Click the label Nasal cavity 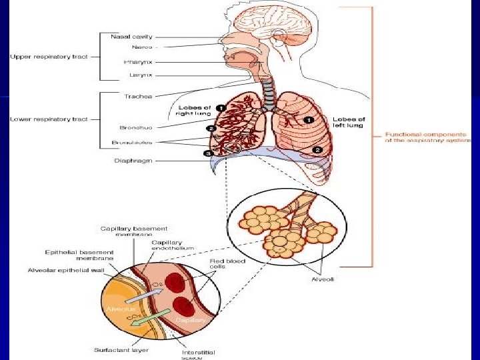131,37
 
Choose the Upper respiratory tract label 49,57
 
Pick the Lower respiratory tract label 49,119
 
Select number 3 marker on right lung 208,153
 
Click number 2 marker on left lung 318,150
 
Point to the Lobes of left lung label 349,123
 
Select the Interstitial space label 199,355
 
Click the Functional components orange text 427,137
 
